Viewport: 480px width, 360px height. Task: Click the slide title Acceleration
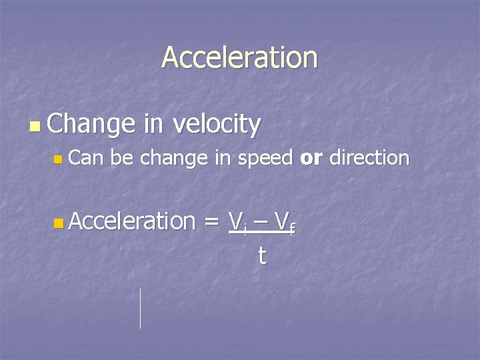[239, 57]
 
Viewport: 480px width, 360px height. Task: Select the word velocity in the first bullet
[216, 124]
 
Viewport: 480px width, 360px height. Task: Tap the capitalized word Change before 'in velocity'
[92, 124]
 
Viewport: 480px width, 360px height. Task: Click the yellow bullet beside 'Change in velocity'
[35, 125]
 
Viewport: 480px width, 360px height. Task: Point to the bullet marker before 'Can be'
[58, 159]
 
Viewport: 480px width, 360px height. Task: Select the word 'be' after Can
[123, 158]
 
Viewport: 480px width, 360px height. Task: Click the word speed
[265, 159]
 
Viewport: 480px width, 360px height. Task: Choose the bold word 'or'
[311, 159]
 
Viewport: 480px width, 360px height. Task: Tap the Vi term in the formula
[237, 221]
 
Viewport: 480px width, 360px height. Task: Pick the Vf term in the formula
[285, 221]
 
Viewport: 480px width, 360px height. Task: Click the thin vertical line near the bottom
[140, 308]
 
